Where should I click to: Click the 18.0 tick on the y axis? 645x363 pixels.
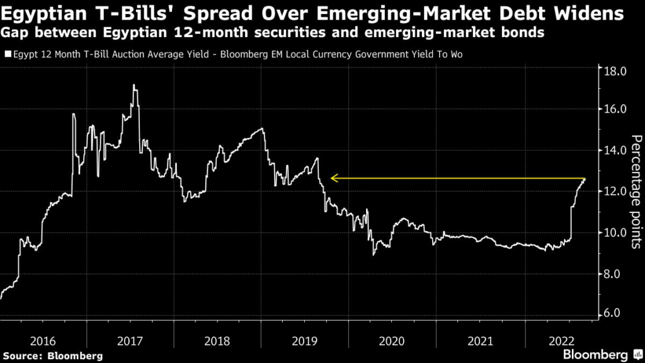coord(615,71)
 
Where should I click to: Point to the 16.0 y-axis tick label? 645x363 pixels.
coord(615,109)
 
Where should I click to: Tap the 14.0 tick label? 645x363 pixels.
coord(615,150)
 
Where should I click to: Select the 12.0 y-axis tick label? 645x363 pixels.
coord(615,191)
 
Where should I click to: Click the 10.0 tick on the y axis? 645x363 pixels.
coord(615,233)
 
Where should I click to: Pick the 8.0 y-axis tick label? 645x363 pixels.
coord(615,274)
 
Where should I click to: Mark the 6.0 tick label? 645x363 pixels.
coord(615,313)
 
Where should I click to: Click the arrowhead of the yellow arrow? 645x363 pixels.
coord(333,179)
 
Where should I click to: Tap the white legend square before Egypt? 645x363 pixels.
coord(7,55)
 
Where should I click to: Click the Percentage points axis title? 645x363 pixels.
coord(635,192)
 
